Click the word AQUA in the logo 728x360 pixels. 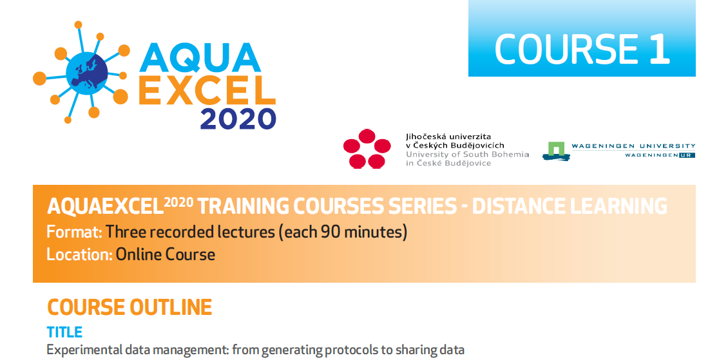[x=200, y=58]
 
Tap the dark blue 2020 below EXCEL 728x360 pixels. [x=238, y=118]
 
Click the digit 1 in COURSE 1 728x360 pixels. [x=660, y=48]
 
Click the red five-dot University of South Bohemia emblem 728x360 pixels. [x=367, y=149]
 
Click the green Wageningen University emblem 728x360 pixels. [x=557, y=150]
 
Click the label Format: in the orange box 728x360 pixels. [x=74, y=231]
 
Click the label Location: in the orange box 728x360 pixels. [x=79, y=254]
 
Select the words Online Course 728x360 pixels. [x=166, y=254]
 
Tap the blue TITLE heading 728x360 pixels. [x=64, y=332]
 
